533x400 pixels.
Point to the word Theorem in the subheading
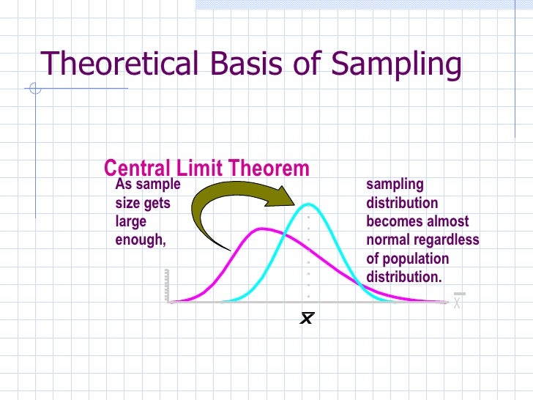[x=271, y=168]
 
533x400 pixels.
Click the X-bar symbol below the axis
[x=307, y=319]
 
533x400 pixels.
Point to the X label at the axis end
[x=457, y=301]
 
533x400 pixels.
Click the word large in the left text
[x=131, y=221]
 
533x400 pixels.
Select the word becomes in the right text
[x=393, y=222]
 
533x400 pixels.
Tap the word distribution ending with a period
[x=404, y=277]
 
